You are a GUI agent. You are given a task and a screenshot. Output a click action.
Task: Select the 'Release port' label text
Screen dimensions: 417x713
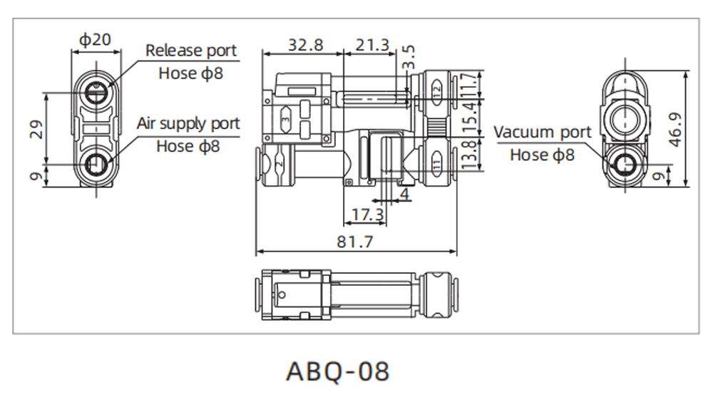190,51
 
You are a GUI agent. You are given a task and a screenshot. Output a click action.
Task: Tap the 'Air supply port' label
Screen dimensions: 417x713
188,123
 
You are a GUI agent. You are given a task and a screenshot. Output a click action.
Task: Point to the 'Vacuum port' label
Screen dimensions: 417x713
542,132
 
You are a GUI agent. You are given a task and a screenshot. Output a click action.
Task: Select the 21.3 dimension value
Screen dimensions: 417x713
373,44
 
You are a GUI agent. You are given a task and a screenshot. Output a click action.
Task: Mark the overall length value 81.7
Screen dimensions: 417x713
355,242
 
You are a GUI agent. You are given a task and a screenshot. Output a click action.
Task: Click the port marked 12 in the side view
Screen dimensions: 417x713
436,87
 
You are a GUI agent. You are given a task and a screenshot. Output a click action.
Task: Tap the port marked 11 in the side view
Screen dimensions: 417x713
436,165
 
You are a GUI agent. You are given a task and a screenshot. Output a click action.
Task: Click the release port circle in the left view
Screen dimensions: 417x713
96,91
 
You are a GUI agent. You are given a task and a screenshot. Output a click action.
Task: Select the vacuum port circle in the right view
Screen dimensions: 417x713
627,164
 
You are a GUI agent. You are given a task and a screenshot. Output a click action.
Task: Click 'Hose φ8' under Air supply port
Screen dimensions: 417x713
188,146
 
